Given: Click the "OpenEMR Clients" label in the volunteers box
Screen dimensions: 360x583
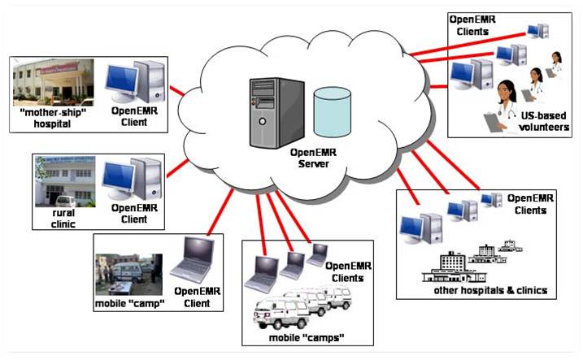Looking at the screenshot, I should tap(472, 26).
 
